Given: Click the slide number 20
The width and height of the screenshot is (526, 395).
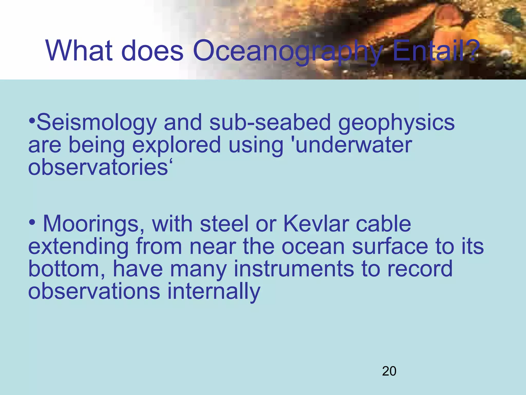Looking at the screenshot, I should [x=389, y=371].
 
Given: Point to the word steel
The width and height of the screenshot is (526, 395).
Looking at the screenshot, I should [x=224, y=224].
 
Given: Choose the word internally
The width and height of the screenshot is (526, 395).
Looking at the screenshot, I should [x=214, y=292].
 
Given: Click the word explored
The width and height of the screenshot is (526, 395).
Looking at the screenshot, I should [x=176, y=146].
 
